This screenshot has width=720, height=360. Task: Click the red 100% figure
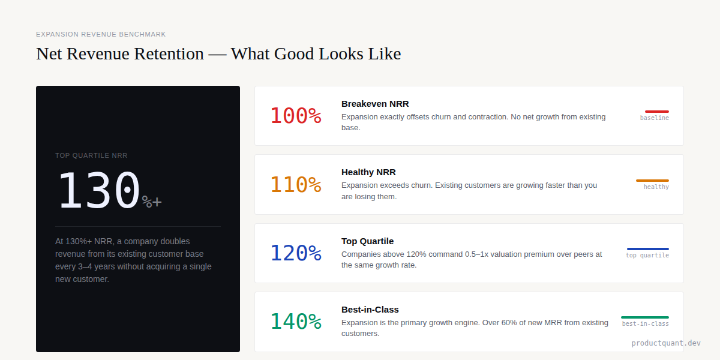point(296,116)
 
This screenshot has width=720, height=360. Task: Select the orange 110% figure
point(296,184)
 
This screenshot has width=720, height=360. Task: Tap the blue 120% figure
point(296,253)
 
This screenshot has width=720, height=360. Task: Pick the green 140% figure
point(296,322)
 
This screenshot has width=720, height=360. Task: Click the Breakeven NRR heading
point(375,104)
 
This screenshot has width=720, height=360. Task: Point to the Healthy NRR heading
point(368,172)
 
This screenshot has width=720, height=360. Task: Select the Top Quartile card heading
point(367,241)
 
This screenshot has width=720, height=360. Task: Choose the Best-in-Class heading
point(370,310)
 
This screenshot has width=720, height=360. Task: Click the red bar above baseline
point(657,112)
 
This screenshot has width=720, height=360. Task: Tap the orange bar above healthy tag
point(652,181)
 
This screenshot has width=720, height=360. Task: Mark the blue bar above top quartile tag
point(648,249)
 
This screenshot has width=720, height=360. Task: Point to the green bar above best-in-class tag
point(645,317)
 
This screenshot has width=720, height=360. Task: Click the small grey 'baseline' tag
point(655,118)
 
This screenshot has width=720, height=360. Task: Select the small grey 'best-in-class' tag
point(646,324)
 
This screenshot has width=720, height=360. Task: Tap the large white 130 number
point(99,191)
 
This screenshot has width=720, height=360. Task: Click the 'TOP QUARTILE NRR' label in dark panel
point(91,155)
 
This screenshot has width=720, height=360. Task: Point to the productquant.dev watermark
point(666,343)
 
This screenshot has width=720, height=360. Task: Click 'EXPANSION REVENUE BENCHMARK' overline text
point(101,34)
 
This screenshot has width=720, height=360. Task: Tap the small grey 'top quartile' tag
point(647,256)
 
